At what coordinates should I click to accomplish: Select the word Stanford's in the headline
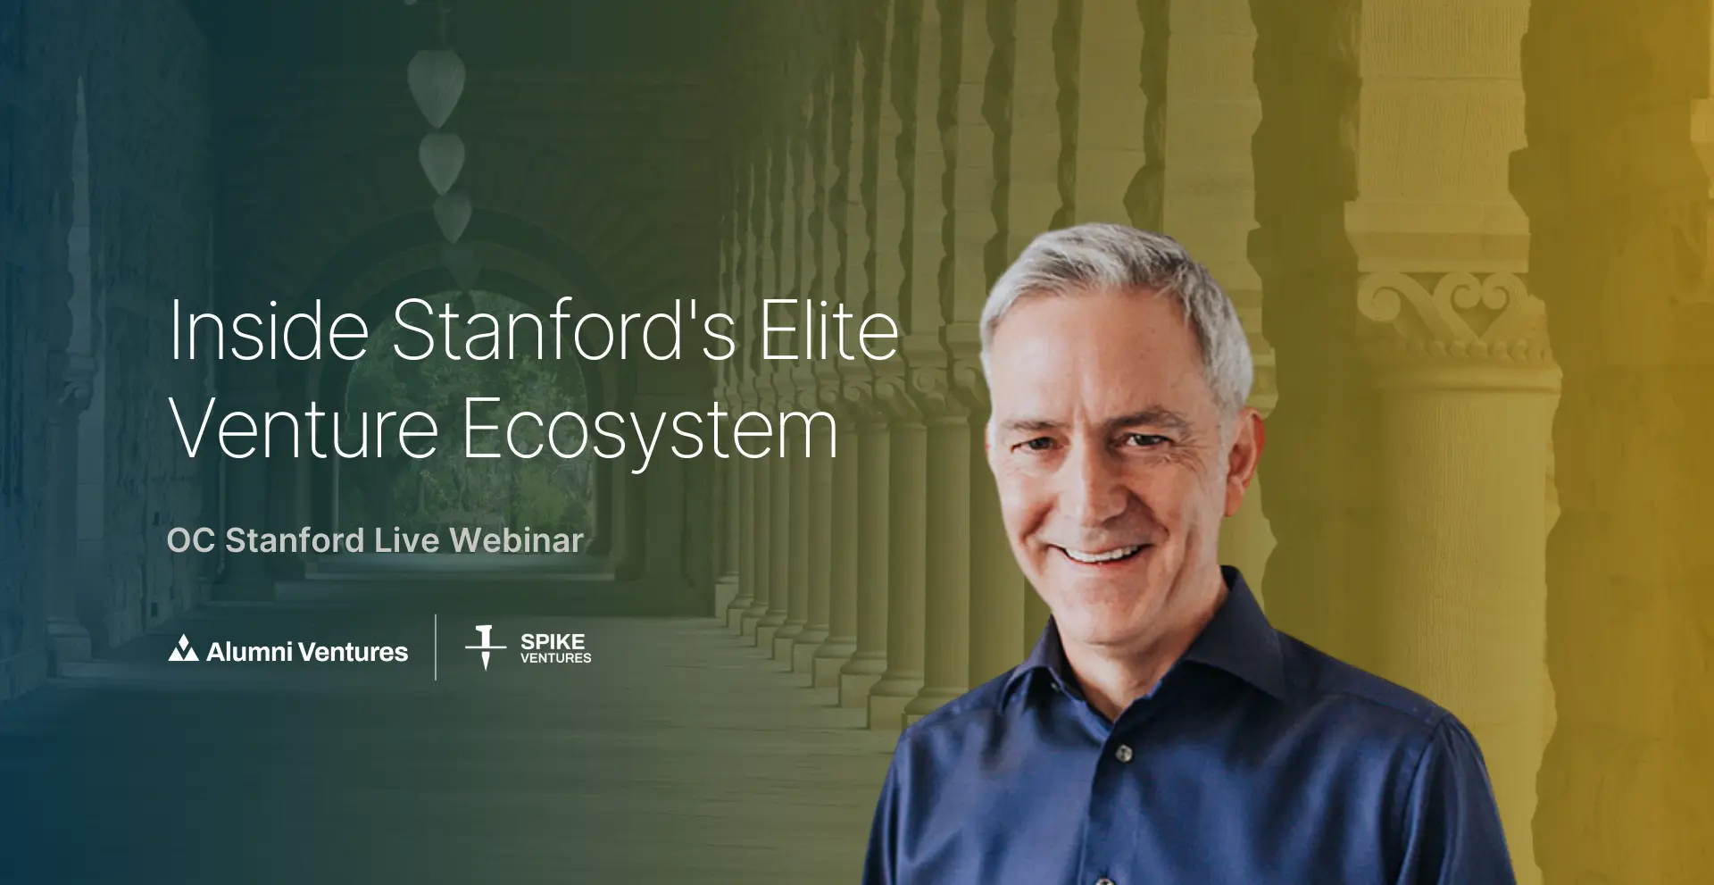(564, 330)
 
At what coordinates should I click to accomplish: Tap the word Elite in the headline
(829, 330)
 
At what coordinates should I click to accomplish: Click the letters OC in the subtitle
(191, 540)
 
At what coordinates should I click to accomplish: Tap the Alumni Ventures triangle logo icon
(183, 648)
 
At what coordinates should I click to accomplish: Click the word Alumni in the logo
(249, 651)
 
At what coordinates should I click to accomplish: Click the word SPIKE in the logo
(553, 641)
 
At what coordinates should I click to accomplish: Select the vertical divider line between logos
(436, 647)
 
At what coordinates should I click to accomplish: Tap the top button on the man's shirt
(1124, 754)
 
